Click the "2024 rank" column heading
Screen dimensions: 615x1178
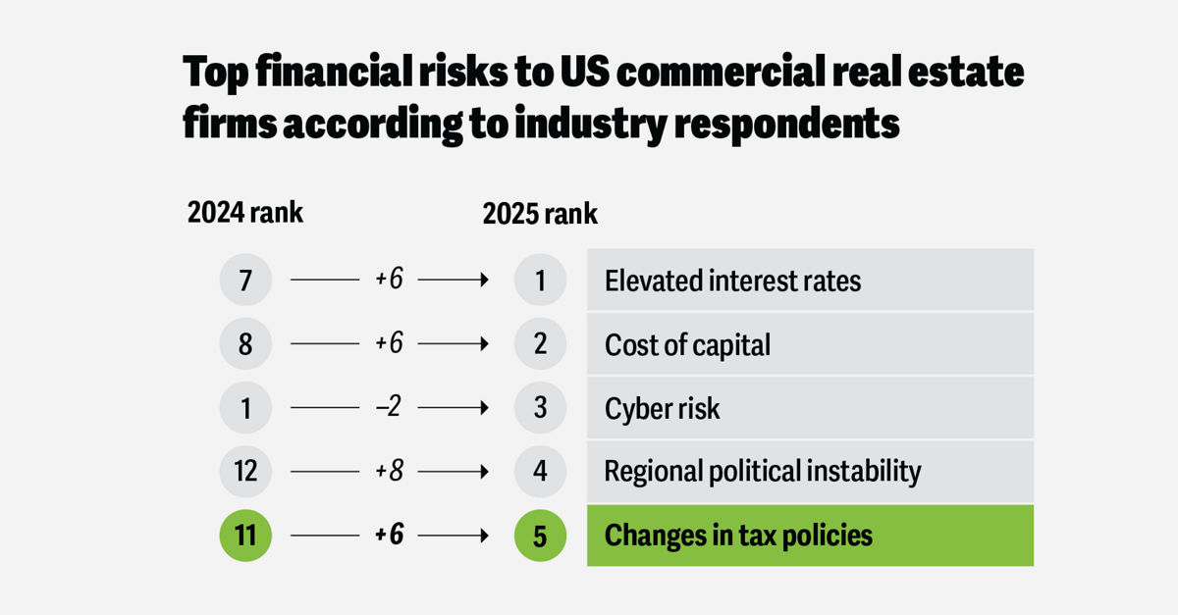(245, 214)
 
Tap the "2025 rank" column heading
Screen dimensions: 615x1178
(540, 214)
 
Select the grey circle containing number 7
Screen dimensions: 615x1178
(245, 282)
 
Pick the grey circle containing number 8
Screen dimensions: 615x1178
(245, 344)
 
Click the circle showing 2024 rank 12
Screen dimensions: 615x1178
(245, 472)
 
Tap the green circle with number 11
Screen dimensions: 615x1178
(245, 536)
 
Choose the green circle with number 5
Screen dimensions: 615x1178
(540, 536)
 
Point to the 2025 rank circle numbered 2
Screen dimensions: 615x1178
(540, 344)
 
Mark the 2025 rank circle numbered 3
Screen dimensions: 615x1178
(540, 408)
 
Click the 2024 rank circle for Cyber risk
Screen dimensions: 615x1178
(245, 408)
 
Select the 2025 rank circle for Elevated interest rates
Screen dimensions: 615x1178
(540, 282)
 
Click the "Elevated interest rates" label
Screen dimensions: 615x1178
(732, 282)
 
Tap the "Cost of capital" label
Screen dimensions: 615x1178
(687, 344)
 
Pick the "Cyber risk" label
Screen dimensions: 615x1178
(662, 408)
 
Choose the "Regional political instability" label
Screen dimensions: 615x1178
(763, 472)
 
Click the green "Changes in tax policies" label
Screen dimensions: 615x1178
(738, 536)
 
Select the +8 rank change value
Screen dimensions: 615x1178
(390, 472)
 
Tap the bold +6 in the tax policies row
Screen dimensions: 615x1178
(390, 536)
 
